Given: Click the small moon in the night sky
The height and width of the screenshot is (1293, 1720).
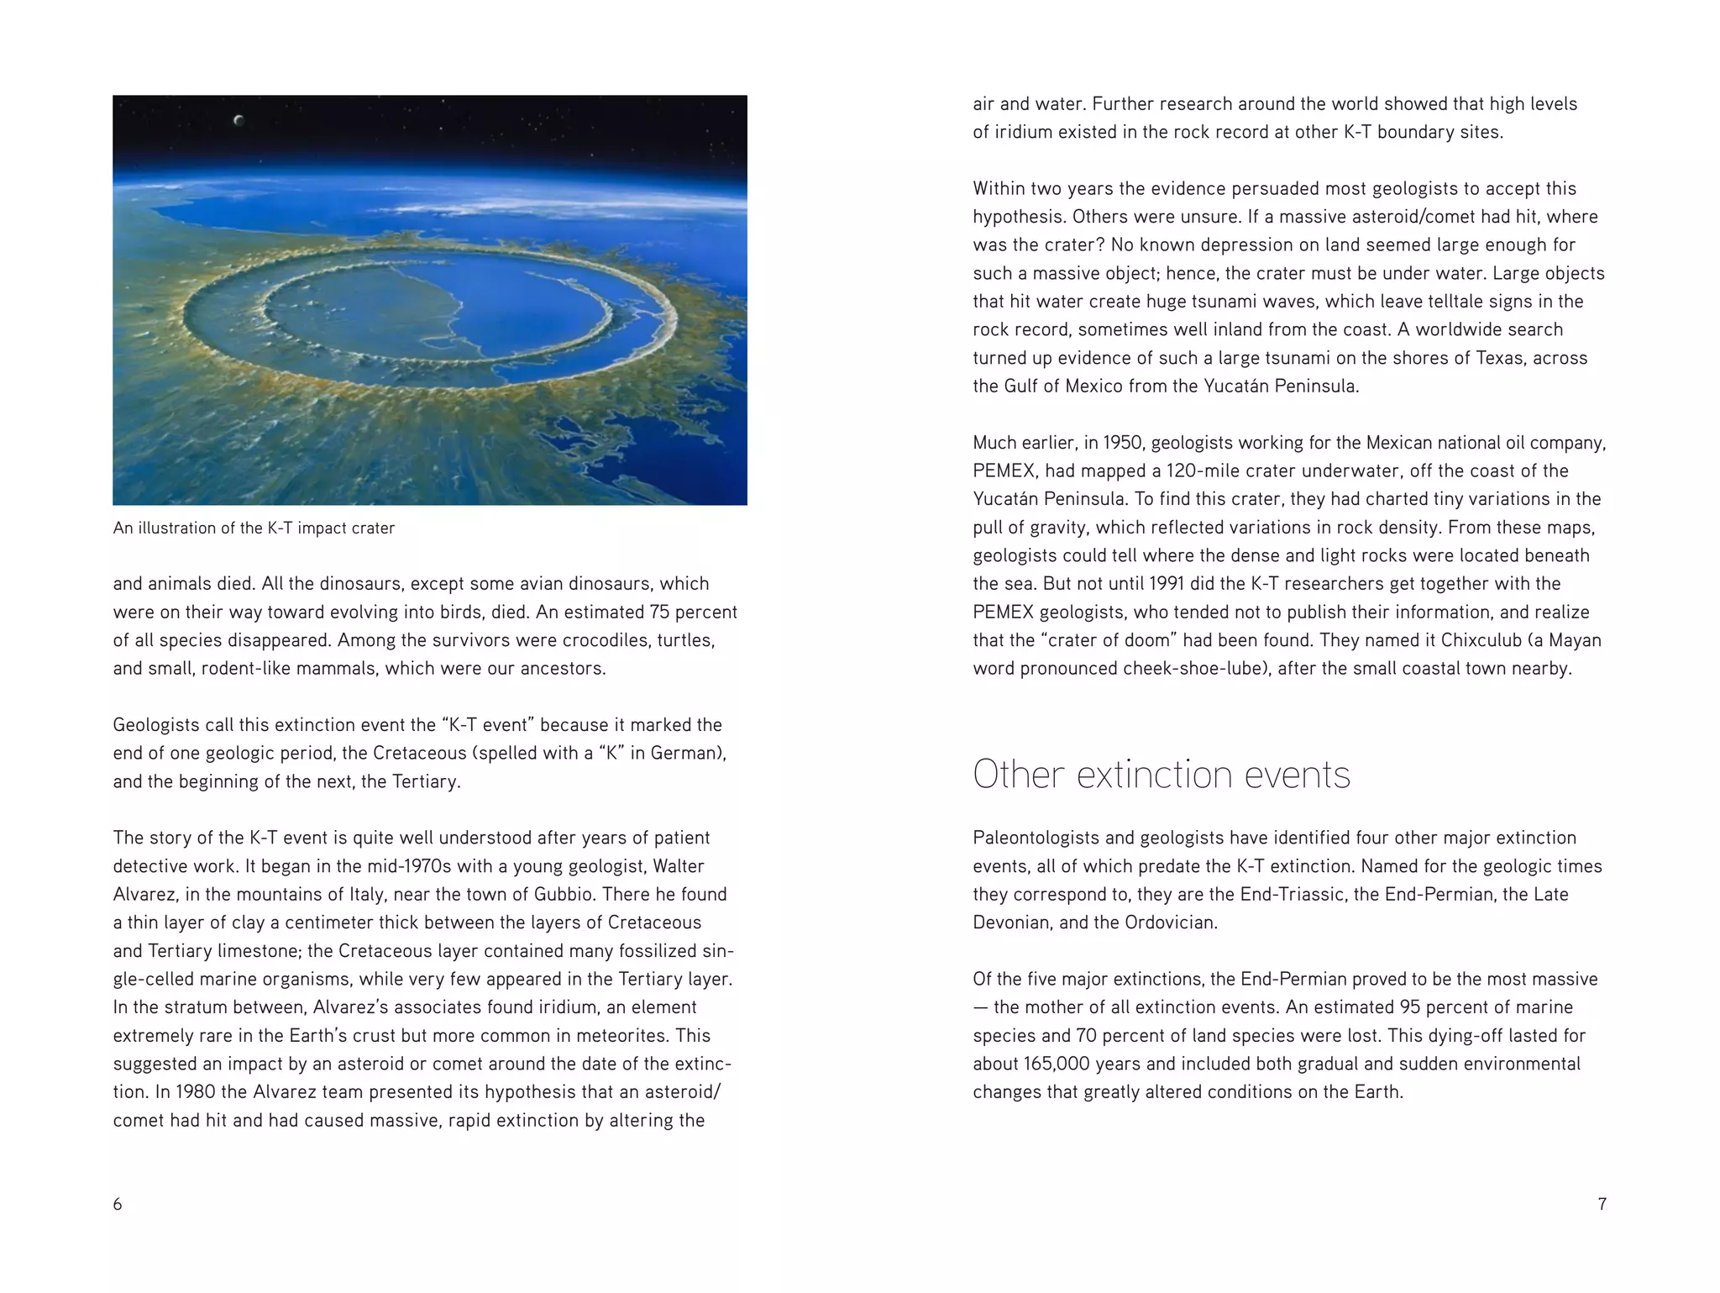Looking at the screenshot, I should (x=239, y=120).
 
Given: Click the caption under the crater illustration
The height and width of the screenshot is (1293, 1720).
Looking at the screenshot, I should (x=254, y=528).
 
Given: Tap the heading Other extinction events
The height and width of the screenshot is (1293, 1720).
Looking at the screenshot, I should (x=1161, y=775).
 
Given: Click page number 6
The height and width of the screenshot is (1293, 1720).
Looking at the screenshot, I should (x=118, y=1204).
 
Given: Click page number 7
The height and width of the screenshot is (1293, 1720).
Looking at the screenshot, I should (x=1602, y=1204).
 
